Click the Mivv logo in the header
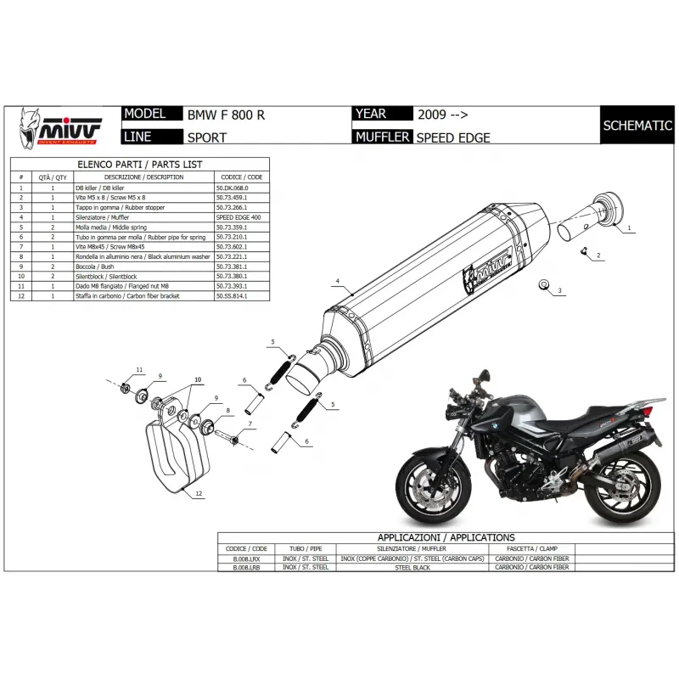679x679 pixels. pyautogui.click(x=61, y=126)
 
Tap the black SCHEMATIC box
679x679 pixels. pyautogui.click(x=637, y=126)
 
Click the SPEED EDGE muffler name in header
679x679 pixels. pyautogui.click(x=453, y=137)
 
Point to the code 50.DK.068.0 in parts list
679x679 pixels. pyautogui.click(x=234, y=187)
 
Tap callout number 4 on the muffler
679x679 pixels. pyautogui.click(x=337, y=280)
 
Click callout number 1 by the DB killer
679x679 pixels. pyautogui.click(x=630, y=229)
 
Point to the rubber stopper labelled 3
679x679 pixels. pyautogui.click(x=545, y=285)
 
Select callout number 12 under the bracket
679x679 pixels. pyautogui.click(x=199, y=493)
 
